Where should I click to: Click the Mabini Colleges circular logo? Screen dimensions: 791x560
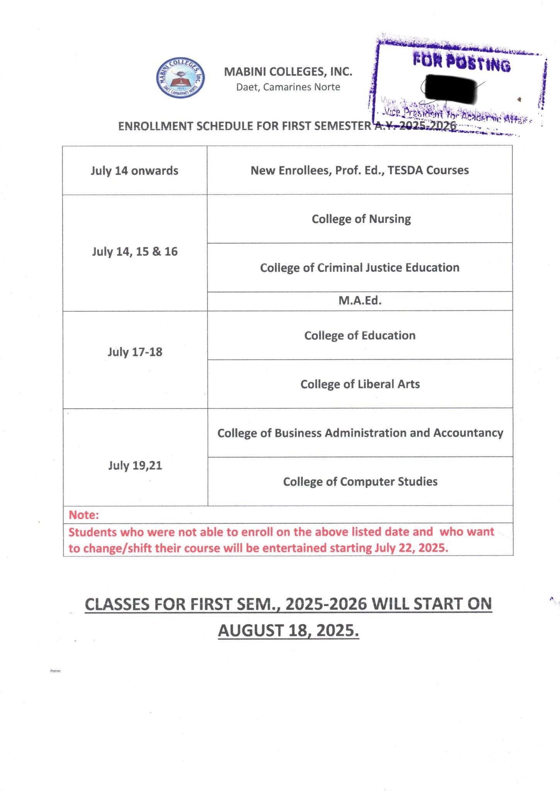[x=180, y=78]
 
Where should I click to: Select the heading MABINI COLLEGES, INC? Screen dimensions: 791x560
[x=288, y=71]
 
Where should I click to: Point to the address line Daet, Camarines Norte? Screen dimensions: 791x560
[x=288, y=87]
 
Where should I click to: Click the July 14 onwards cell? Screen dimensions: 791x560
[x=134, y=170]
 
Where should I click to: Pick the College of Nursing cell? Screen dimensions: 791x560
[x=361, y=219]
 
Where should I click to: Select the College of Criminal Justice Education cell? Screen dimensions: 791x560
[x=359, y=268]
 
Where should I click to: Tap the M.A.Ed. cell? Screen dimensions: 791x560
[x=360, y=300]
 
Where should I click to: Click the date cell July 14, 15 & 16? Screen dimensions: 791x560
[x=134, y=252]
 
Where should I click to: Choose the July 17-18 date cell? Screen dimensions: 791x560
[x=135, y=352]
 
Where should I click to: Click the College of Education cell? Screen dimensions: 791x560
[x=360, y=335]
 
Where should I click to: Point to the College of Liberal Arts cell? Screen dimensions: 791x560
[x=360, y=384]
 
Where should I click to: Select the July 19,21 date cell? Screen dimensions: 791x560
[x=135, y=465]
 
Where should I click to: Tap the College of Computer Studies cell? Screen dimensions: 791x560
[x=360, y=482]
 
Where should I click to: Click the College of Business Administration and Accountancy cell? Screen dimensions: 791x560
[x=360, y=433]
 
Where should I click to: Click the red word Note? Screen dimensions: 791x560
[x=84, y=515]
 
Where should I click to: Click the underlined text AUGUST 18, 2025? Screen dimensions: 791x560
[x=288, y=630]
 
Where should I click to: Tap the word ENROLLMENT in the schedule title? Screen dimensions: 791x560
[x=155, y=126]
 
